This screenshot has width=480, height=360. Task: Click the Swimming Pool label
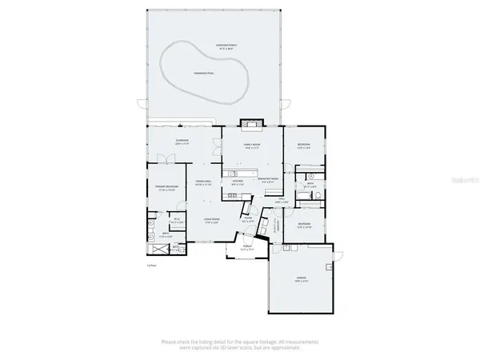[204, 73]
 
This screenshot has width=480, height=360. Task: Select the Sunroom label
[183, 142]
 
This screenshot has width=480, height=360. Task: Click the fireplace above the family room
[253, 124]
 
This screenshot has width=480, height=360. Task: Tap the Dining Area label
[203, 183]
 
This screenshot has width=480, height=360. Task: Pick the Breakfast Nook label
[269, 181]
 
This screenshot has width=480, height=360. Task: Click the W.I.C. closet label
[178, 222]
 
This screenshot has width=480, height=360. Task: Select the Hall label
[281, 202]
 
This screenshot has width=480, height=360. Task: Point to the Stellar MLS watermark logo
[461, 182]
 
